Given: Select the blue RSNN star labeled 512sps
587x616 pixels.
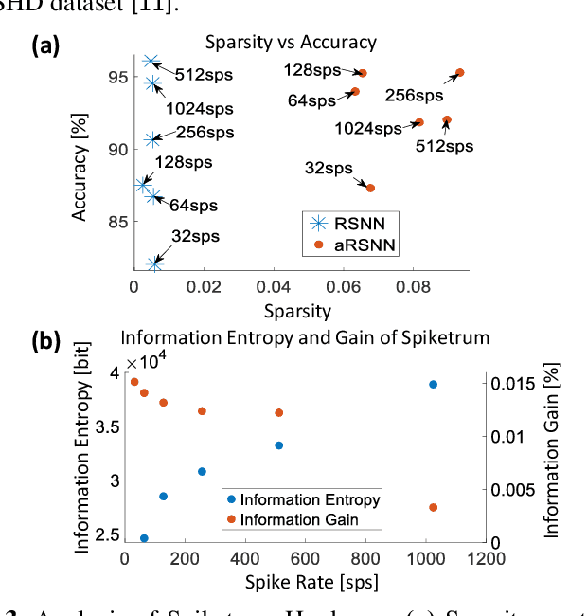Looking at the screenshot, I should (151, 62).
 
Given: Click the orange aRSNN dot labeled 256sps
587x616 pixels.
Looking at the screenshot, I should (459, 73).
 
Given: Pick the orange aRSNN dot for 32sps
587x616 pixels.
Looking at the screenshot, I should (370, 188).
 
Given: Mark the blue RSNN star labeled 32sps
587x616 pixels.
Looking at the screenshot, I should (154, 263).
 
